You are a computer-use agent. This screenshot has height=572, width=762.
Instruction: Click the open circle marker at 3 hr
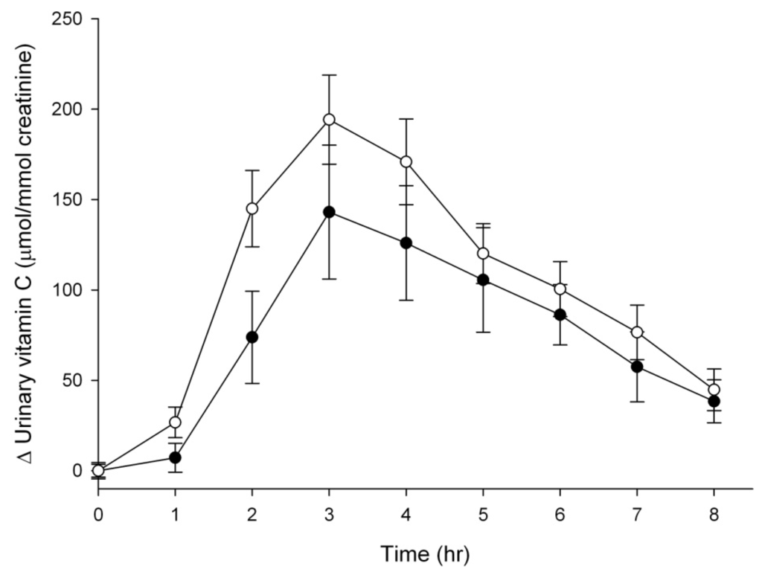[329, 120]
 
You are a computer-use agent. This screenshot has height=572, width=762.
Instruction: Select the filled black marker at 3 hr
[329, 212]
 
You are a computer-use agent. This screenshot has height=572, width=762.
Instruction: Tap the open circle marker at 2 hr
[252, 208]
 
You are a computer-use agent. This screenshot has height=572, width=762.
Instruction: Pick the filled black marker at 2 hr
[252, 337]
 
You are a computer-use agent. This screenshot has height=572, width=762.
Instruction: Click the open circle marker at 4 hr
[406, 161]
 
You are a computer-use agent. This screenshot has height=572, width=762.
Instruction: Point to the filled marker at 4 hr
[406, 243]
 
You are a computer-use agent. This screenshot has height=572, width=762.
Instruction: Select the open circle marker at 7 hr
[637, 332]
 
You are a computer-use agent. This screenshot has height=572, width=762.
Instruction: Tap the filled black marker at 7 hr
[637, 367]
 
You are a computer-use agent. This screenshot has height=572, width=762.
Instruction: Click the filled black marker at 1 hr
[175, 457]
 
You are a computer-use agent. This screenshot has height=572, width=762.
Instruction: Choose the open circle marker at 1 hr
[175, 422]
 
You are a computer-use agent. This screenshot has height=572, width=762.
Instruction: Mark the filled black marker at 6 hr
[560, 315]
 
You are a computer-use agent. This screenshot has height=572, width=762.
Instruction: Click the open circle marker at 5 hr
[483, 254]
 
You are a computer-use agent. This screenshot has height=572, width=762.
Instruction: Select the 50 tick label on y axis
[75, 380]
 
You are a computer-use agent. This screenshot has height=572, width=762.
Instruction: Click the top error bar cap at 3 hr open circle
[329, 75]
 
